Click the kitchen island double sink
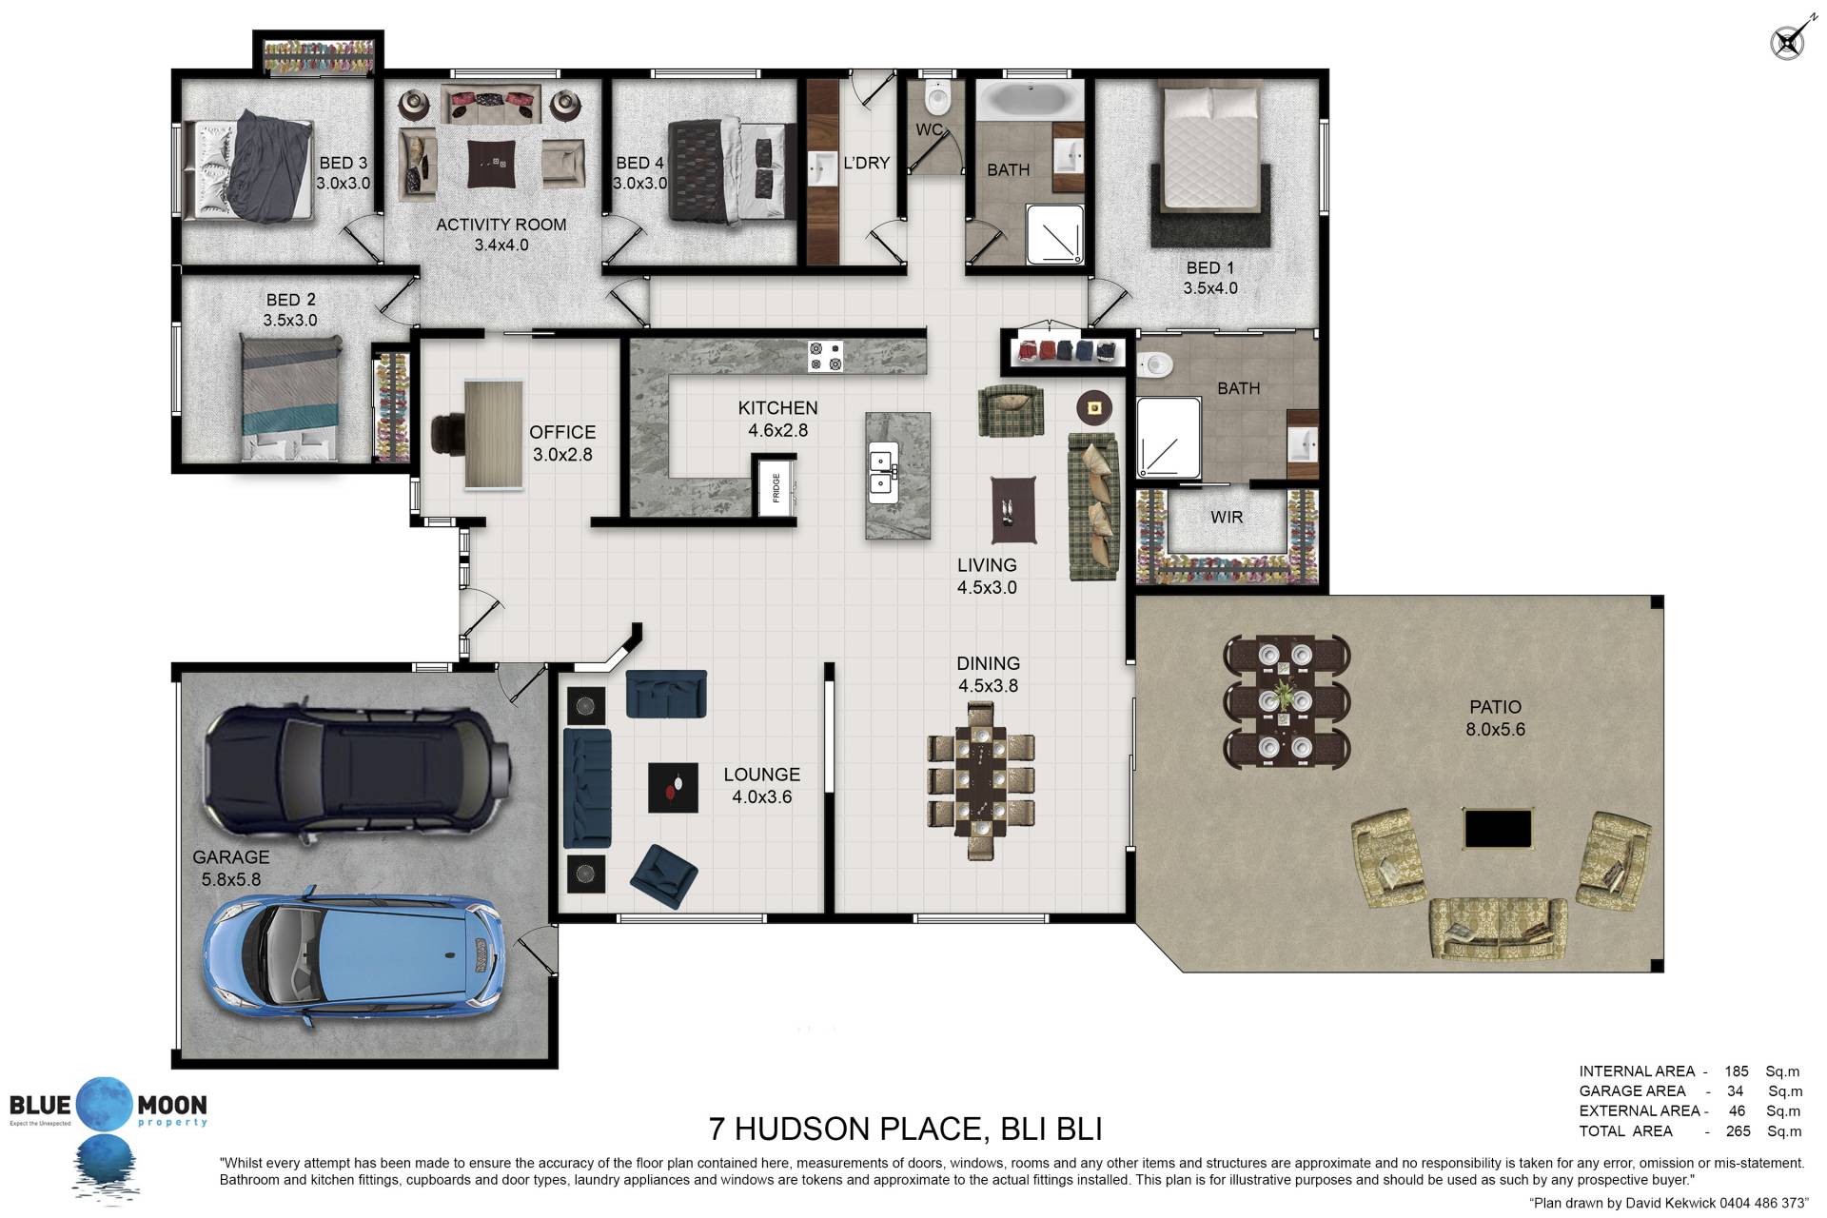coord(882,472)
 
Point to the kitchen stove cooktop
coord(825,356)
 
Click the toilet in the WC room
coord(937,96)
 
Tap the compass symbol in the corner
coord(1787,43)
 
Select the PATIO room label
coord(1495,707)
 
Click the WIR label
coord(1227,517)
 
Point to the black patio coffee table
coord(1498,829)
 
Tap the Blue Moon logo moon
coord(104,1105)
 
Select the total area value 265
coord(1738,1131)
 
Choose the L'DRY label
coord(866,163)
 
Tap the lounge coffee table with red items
coord(673,788)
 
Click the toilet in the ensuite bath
coord(1154,363)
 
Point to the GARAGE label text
coord(230,857)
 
